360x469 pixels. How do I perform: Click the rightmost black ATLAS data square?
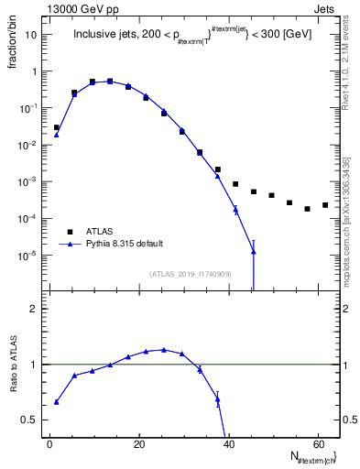pos(325,205)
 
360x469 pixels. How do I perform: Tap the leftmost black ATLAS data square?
pos(57,127)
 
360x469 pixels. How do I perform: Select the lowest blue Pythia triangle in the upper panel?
pos(253,251)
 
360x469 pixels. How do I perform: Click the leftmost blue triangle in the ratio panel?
pos(57,401)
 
